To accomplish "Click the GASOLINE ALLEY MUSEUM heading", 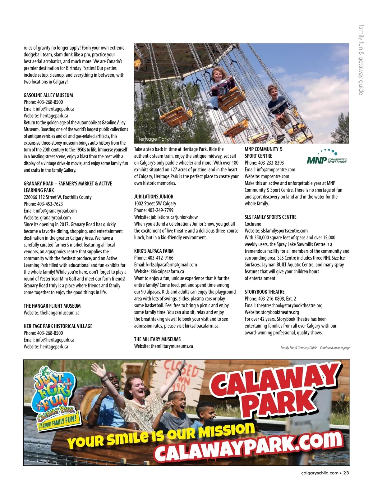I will click(48, 95).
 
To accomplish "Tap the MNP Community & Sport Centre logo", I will click(327, 157).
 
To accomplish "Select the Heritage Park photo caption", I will click(152, 139).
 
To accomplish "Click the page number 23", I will click(346, 473).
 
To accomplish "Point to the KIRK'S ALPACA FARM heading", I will click(154, 251).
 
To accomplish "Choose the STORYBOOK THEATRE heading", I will click(265, 292).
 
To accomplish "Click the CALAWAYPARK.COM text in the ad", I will click(249, 447).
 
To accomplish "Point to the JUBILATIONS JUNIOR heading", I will click(154, 197).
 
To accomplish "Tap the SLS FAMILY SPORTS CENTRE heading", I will click(270, 217).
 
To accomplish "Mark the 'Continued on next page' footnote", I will click(315, 348).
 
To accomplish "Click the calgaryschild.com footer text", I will click(320, 473).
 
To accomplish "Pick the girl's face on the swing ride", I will click(217, 75).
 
